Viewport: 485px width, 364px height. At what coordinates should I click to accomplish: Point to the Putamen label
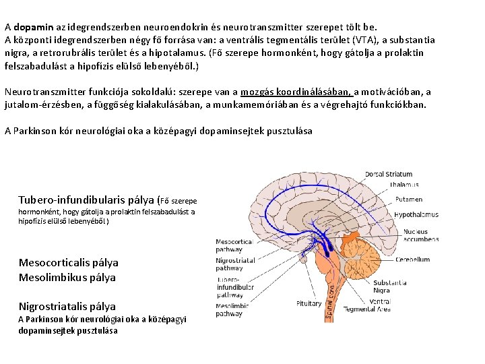(408, 200)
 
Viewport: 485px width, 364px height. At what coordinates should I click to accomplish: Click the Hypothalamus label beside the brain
(416, 215)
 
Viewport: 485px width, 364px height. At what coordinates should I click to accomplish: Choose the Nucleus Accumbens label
(416, 235)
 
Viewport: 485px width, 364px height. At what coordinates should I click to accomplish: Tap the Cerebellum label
(412, 259)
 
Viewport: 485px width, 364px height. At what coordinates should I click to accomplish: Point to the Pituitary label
(309, 303)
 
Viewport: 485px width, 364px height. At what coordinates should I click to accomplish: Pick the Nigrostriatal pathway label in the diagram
(234, 264)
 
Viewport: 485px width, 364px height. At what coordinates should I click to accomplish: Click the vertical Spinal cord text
(331, 297)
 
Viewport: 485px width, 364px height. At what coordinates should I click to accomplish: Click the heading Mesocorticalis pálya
(68, 263)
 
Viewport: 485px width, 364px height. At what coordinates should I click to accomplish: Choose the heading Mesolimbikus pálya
(67, 277)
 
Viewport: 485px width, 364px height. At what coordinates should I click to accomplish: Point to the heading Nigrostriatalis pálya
(67, 307)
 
